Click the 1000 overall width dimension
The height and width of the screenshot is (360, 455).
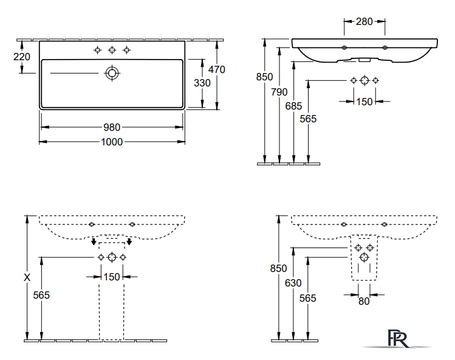(x=112, y=142)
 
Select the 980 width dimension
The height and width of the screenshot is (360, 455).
(x=112, y=127)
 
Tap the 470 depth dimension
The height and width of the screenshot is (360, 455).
(x=216, y=69)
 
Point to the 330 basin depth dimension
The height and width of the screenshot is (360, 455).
(x=202, y=83)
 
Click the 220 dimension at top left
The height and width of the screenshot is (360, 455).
(x=22, y=57)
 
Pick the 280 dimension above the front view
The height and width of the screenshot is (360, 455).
(x=364, y=21)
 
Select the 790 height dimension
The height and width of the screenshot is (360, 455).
(x=279, y=92)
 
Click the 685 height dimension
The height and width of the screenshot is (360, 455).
(x=293, y=106)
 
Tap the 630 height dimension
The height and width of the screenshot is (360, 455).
(x=293, y=283)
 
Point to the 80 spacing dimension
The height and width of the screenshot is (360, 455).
(x=364, y=301)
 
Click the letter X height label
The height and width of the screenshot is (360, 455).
(x=27, y=277)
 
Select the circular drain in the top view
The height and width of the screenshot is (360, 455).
(x=112, y=73)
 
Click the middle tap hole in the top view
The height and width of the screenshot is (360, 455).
(x=112, y=50)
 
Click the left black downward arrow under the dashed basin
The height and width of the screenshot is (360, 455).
(x=94, y=241)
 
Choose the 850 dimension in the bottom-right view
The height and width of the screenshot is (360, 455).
(x=278, y=268)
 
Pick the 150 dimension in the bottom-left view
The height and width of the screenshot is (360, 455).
(x=112, y=277)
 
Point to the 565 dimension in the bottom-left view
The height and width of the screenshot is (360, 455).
(x=41, y=295)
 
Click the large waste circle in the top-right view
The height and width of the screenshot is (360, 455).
(x=364, y=80)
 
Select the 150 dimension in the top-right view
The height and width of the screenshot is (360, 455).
(x=364, y=102)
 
